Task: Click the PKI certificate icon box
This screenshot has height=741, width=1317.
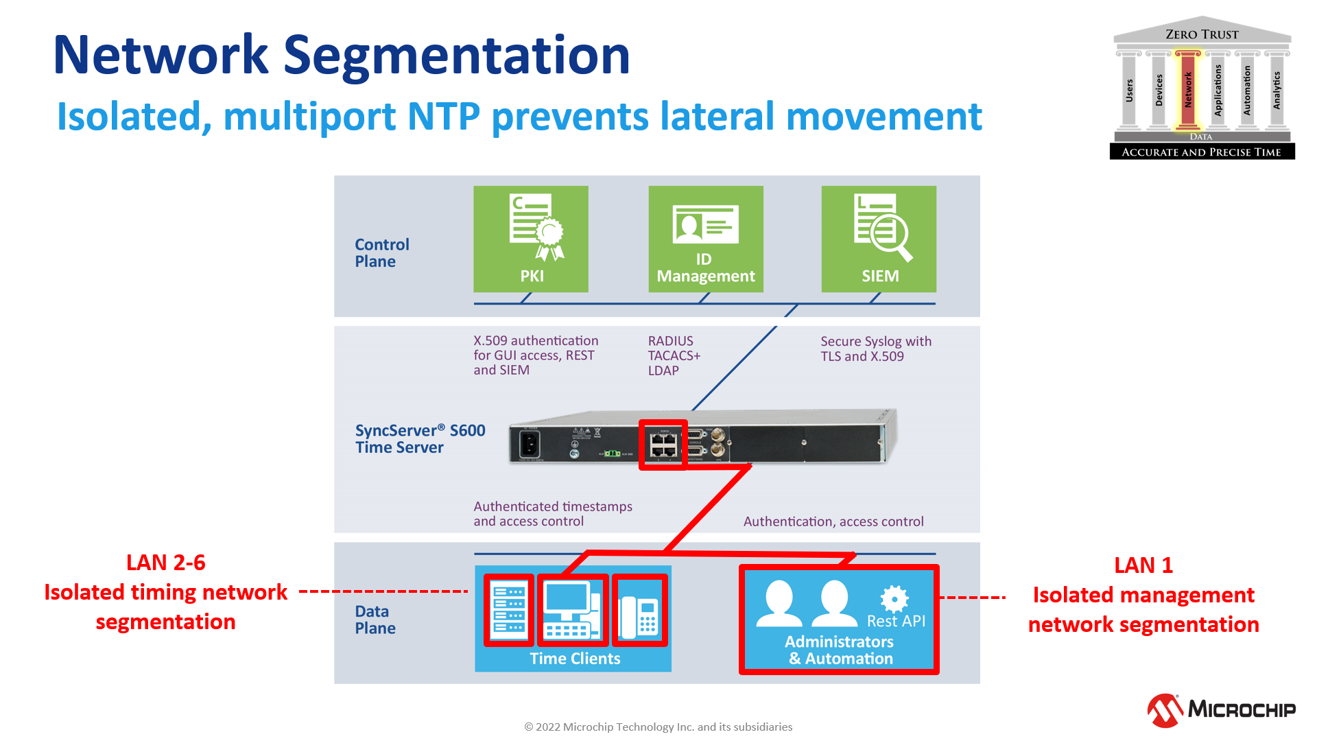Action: (531, 238)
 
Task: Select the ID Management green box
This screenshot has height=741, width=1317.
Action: (706, 238)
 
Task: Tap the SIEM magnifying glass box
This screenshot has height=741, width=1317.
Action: (879, 238)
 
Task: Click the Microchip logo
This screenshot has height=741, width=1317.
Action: (1222, 709)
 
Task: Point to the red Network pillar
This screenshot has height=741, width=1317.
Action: (1188, 89)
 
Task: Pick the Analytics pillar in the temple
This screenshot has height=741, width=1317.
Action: (1277, 89)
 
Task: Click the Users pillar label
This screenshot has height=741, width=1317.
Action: (1129, 90)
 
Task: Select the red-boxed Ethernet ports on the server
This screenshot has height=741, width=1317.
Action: (663, 445)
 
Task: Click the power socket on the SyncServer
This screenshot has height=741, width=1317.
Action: (530, 445)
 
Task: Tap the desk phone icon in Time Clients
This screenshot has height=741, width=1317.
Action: (639, 610)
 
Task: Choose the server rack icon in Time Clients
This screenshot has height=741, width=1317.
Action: (509, 610)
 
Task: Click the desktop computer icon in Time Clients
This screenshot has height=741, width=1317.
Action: (572, 610)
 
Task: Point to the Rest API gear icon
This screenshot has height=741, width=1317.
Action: (894, 598)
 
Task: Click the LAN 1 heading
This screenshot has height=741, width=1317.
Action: (1143, 565)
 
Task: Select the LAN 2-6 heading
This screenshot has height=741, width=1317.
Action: (166, 563)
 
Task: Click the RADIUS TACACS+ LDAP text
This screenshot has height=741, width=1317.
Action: (674, 355)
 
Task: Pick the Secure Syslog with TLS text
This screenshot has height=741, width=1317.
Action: (875, 349)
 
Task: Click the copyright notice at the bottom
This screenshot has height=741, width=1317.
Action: (658, 727)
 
